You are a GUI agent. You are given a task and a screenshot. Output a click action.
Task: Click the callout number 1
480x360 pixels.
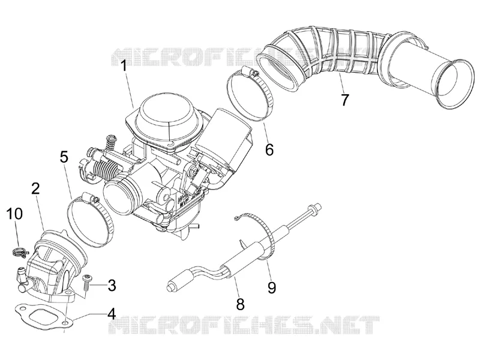click(124, 65)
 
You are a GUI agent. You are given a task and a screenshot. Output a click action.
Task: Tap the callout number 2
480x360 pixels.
click(36, 188)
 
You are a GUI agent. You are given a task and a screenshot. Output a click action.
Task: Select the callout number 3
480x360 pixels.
click(112, 286)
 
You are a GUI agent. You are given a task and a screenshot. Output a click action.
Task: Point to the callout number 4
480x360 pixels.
click(111, 313)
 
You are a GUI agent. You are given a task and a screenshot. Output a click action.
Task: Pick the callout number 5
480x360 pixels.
click(64, 157)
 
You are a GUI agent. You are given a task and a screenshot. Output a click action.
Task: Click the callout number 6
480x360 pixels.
click(269, 149)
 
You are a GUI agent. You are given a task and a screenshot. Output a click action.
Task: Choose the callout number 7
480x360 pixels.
click(344, 100)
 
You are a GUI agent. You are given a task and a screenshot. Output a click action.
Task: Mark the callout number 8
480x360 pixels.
click(241, 304)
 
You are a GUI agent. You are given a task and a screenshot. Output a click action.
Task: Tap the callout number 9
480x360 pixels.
click(272, 287)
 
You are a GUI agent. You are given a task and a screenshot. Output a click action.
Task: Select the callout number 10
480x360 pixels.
click(14, 214)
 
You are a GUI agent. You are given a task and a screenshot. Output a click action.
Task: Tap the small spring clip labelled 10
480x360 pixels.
click(20, 252)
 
